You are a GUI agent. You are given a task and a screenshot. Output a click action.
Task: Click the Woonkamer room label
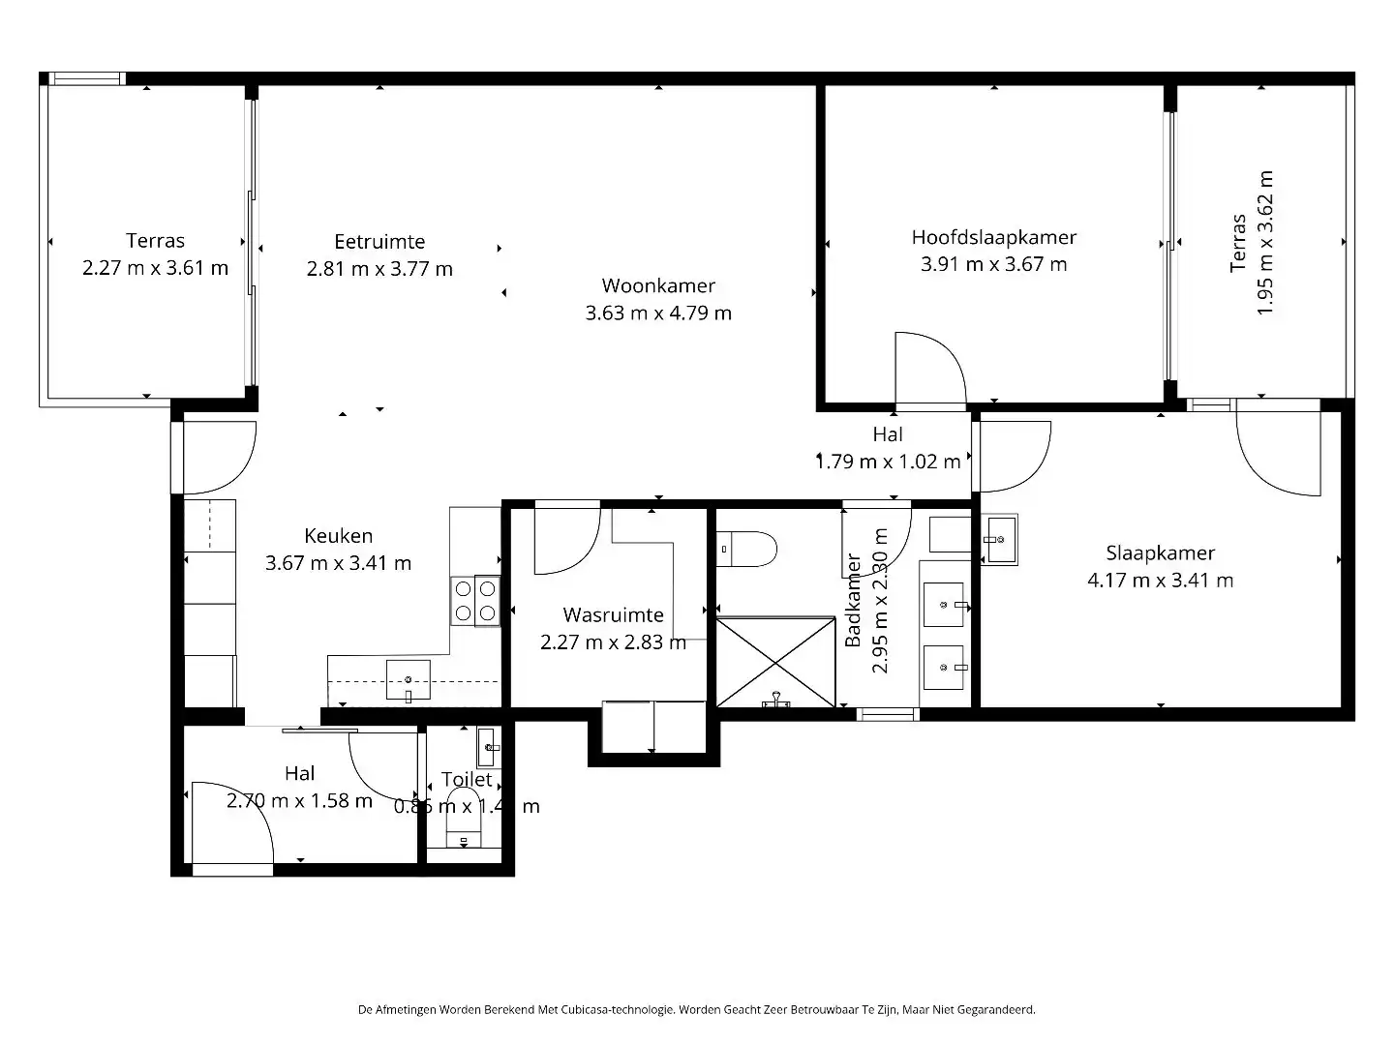[658, 285]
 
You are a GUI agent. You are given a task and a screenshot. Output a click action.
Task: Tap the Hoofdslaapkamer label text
[993, 237]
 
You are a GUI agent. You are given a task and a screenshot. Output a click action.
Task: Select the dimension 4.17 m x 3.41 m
[1160, 581]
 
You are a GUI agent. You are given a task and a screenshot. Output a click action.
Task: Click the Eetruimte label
[379, 242]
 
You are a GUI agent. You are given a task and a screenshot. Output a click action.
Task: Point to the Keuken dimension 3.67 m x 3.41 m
[338, 563]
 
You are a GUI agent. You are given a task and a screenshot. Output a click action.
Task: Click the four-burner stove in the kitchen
[474, 600]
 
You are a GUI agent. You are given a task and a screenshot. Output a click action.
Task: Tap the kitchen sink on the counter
[408, 680]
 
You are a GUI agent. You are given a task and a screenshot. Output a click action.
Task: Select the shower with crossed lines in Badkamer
[774, 662]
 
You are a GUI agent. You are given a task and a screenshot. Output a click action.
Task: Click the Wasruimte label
[613, 615]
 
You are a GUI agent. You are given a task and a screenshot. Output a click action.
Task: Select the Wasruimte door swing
[567, 538]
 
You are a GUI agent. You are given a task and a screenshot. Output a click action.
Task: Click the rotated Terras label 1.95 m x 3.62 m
[1252, 243]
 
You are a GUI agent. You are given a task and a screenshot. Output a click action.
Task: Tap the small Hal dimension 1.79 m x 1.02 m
[888, 462]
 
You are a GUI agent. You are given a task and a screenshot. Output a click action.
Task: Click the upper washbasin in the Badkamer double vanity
[943, 605]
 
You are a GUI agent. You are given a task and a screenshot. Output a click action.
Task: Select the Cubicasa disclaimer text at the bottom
[696, 1009]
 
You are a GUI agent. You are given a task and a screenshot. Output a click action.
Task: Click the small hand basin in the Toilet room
[489, 747]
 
